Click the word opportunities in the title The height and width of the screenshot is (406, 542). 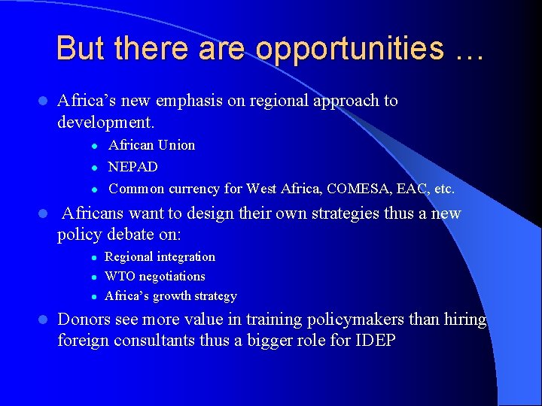click(x=349, y=48)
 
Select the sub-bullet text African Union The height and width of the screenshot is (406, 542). click(x=151, y=145)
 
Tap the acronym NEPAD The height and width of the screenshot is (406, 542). click(x=133, y=167)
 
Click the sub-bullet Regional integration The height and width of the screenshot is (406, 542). click(x=160, y=257)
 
